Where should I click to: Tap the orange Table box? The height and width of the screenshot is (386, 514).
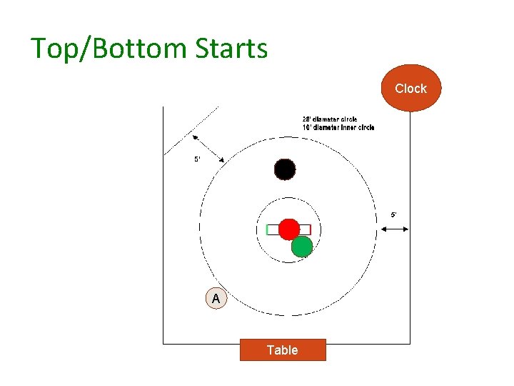pyautogui.click(x=283, y=350)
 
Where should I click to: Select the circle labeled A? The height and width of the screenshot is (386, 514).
pyautogui.click(x=216, y=299)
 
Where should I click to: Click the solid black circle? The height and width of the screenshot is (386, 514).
pyautogui.click(x=285, y=169)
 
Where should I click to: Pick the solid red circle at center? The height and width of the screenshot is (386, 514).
pyautogui.click(x=288, y=229)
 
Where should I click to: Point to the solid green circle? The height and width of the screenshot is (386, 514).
pyautogui.click(x=302, y=246)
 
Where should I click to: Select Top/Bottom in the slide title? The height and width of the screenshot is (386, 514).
pyautogui.click(x=103, y=49)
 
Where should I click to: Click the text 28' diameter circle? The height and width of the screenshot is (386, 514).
pyautogui.click(x=330, y=119)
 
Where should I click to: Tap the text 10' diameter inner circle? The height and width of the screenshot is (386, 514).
pyautogui.click(x=338, y=127)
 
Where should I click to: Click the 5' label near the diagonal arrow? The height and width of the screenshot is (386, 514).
pyautogui.click(x=198, y=159)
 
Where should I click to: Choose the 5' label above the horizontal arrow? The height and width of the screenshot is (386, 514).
pyautogui.click(x=393, y=214)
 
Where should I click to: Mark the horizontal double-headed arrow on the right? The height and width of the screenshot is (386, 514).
pyautogui.click(x=394, y=229)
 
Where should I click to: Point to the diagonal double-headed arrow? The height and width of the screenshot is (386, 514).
pyautogui.click(x=207, y=147)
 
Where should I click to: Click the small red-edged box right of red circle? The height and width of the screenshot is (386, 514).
pyautogui.click(x=306, y=229)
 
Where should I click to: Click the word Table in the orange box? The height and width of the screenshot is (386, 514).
pyautogui.click(x=283, y=350)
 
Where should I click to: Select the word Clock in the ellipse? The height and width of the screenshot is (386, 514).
pyautogui.click(x=410, y=89)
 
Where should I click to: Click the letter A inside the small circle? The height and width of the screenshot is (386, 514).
pyautogui.click(x=216, y=299)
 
